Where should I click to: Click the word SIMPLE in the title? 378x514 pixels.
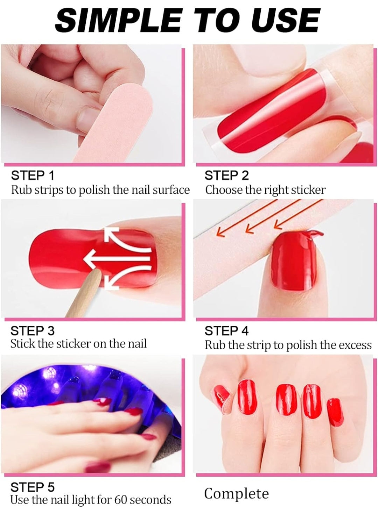click(x=118, y=21)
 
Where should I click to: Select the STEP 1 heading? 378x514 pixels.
click(x=33, y=176)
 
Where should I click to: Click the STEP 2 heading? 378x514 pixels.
click(x=226, y=176)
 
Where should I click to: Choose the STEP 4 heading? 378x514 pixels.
click(x=226, y=331)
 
